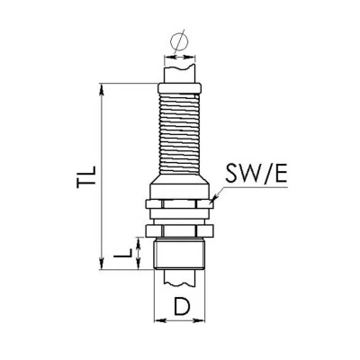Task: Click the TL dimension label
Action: [x=86, y=177]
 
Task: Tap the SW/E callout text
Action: [x=256, y=174]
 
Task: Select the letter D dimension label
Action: [x=182, y=306]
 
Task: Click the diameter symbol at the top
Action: [x=179, y=41]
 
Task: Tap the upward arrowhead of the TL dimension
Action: [x=102, y=89]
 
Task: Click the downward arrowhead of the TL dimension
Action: [x=102, y=264]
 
